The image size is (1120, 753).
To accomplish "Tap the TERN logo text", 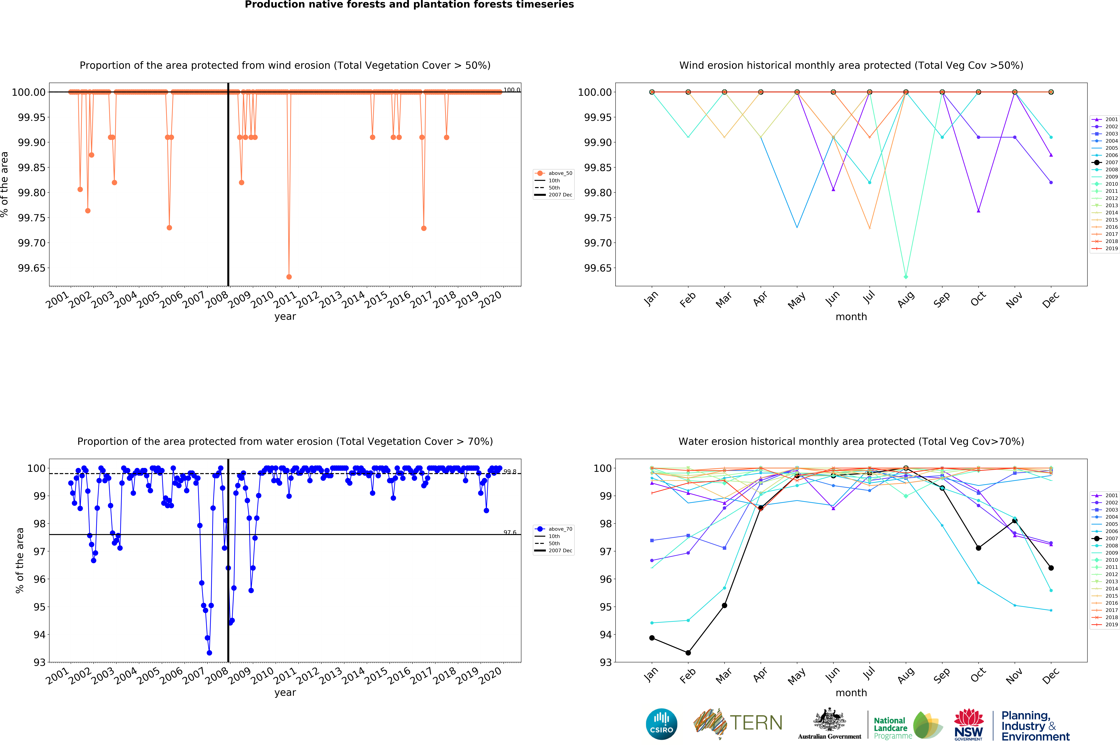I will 756,723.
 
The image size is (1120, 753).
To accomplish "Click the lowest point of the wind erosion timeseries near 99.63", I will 289,277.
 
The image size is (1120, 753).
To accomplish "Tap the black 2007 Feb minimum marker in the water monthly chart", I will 688,653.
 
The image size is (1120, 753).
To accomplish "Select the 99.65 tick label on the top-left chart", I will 32,268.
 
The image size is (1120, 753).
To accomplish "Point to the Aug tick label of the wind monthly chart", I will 905,300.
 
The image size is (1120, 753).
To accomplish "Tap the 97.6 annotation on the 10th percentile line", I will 510,532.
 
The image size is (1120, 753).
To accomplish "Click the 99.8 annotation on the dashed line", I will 510,472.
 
